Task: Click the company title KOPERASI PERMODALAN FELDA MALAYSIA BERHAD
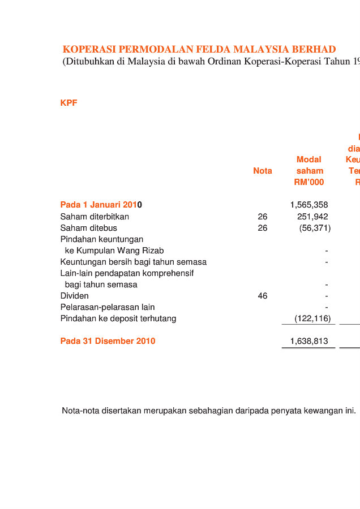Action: pos(199,50)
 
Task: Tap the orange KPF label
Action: pos(68,103)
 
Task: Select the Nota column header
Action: pos(262,171)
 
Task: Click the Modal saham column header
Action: pos(309,171)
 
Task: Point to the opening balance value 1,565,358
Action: pos(308,205)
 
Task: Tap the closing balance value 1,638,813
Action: pos(308,341)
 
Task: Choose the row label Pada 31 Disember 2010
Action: pos(108,341)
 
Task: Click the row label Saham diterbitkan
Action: pos(95,217)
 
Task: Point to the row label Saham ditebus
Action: pos(88,228)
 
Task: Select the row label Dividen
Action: pos(74,296)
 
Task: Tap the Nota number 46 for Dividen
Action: pos(262,296)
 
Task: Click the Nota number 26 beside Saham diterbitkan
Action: pos(262,217)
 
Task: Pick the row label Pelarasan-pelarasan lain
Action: pos(108,307)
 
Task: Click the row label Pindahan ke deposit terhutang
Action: pos(118,318)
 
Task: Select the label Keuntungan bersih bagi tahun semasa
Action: pos(133,262)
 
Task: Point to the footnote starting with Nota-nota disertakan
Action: pos(208,411)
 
